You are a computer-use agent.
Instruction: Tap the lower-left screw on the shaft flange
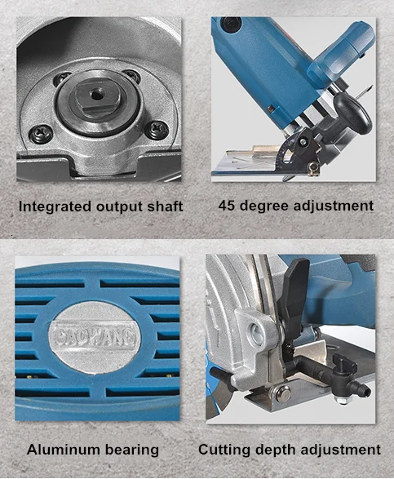41,133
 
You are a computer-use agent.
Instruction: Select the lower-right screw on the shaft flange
157,130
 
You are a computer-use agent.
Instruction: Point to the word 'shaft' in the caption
166,206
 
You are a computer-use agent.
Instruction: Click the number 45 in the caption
227,206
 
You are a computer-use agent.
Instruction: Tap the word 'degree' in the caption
264,206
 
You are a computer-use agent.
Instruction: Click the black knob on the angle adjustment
353,113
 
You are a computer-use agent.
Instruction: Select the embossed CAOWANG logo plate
94,336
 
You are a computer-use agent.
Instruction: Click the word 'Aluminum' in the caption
64,450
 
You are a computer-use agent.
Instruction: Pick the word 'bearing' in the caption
132,450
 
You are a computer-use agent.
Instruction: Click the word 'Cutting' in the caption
224,450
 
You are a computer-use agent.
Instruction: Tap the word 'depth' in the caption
276,450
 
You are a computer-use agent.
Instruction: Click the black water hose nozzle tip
365,391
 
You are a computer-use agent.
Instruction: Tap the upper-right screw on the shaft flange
132,76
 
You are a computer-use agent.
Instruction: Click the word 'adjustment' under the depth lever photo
341,450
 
